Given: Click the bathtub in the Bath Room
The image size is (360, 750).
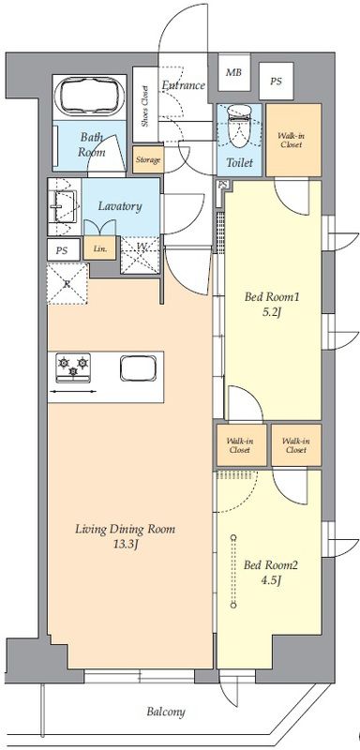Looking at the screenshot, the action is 89,97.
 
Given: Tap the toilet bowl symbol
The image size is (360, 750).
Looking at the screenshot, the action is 239,125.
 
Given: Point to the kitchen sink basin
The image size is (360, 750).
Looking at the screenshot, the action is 138,367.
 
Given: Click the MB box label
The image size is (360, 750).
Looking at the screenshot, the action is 233,73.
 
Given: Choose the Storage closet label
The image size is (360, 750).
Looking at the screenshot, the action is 148,159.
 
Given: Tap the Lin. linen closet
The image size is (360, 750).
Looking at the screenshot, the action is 100,248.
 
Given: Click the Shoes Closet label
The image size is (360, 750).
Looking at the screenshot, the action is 145,106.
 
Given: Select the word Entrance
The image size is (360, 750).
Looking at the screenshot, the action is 183,85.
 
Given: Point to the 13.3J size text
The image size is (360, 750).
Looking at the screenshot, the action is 126,545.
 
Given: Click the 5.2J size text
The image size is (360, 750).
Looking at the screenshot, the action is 272,313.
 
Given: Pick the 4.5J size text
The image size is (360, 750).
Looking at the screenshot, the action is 271,580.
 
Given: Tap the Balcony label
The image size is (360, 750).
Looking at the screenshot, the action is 166,712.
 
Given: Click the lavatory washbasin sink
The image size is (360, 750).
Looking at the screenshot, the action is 65,206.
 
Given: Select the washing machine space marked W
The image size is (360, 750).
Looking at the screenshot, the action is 140,255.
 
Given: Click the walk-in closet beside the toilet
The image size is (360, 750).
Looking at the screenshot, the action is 293,140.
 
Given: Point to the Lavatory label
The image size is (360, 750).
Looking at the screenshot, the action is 120,206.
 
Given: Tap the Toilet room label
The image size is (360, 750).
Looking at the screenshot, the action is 239,162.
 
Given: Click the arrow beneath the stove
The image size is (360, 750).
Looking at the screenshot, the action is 73,391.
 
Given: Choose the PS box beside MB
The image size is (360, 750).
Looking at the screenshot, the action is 276,82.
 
